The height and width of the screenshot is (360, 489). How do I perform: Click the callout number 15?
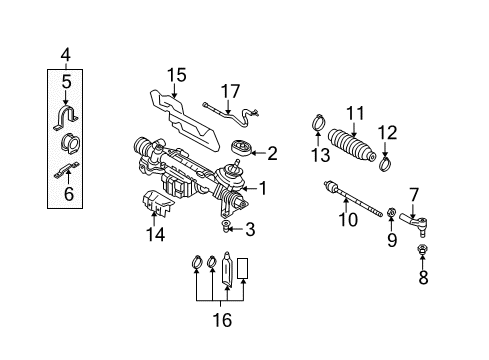pyautogui.click(x=177, y=75)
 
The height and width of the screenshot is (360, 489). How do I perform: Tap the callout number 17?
pyautogui.click(x=231, y=91)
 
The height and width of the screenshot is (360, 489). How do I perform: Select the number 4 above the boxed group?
pyautogui.click(x=66, y=54)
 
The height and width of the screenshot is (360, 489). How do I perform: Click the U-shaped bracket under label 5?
pyautogui.click(x=66, y=117)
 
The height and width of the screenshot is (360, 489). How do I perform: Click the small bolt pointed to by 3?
pyautogui.click(x=226, y=226)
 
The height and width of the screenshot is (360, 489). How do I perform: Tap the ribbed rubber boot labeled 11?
pyautogui.click(x=352, y=146)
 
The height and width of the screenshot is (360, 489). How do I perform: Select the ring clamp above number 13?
pyautogui.click(x=319, y=122)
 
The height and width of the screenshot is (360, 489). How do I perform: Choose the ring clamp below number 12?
pyautogui.click(x=386, y=163)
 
